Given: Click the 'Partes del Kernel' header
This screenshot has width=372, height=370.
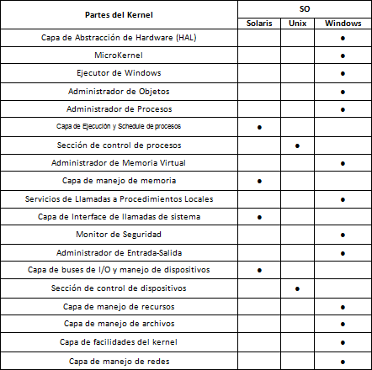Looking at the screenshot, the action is pos(117,16).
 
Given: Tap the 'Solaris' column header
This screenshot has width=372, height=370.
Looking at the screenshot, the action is pos(258,22).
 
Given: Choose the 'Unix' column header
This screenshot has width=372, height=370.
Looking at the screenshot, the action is pos(298,22).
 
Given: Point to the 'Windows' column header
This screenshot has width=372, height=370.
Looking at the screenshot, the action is pos(343,22).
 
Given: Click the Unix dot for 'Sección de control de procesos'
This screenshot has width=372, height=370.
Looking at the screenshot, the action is pos(298,145).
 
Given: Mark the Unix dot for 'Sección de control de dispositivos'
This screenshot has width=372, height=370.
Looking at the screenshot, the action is pos(298,288).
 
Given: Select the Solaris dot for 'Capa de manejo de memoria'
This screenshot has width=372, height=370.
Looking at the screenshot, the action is pos(258,181).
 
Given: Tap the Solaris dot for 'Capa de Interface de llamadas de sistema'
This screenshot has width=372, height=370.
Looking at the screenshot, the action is pos(258,217).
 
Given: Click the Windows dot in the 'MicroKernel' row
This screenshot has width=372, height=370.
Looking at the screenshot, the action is pos(343,55).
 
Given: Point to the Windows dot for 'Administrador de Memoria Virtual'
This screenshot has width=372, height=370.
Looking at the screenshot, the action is pos(343,162).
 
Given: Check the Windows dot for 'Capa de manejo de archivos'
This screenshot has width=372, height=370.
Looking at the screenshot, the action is pos(343,324).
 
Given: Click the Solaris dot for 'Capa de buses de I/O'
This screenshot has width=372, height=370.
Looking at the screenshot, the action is pos(258,270).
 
